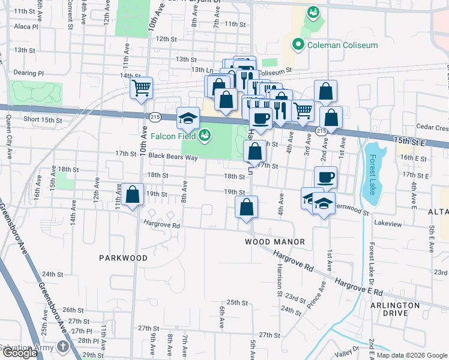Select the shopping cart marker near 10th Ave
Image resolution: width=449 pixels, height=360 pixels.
point(141,88)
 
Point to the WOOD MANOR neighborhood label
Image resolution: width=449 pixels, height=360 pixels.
point(275,242)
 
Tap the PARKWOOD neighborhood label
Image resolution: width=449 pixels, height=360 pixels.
point(123,257)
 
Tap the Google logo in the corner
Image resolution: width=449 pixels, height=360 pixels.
point(19,353)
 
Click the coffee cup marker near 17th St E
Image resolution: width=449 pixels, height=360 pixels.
point(325,177)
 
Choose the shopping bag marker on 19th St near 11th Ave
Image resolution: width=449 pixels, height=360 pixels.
point(133,195)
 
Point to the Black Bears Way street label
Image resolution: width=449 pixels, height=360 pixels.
point(173,157)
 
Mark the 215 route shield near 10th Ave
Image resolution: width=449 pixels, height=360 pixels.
point(155,116)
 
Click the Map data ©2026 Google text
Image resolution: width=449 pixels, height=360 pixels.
point(411,355)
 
